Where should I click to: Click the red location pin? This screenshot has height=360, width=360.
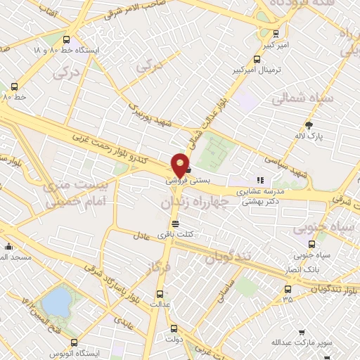click(181, 165)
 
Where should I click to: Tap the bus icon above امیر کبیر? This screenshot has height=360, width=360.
click(276, 32)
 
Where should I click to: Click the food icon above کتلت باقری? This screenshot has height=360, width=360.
click(185, 224)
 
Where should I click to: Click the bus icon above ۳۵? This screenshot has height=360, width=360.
click(288, 288)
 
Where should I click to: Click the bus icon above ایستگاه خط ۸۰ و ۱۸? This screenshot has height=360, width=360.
click(66, 40)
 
